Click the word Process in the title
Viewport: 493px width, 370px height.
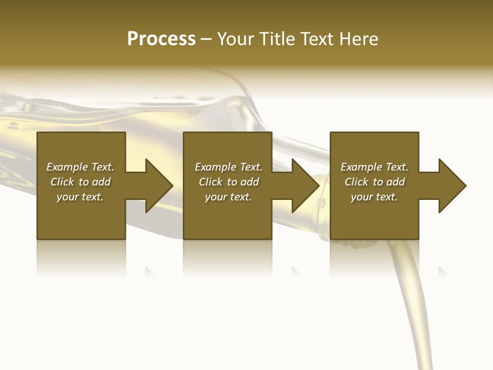[x=161, y=39]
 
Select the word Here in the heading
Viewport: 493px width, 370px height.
[x=359, y=39]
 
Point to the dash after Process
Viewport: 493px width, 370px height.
[x=206, y=39]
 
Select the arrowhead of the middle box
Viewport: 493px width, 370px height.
[x=305, y=186]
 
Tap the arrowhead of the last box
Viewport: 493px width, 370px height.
[x=452, y=186]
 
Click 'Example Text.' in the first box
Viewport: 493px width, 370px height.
[x=80, y=167]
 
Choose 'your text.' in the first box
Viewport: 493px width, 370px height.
[x=80, y=197]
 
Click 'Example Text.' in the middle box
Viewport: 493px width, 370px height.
[x=229, y=167]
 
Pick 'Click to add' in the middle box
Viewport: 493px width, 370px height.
[x=229, y=182]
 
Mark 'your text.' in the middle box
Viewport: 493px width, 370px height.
[x=229, y=197]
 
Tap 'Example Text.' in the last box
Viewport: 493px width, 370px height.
[x=374, y=167]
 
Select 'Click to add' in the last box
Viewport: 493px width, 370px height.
[x=374, y=182]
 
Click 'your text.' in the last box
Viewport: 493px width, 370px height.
[x=374, y=197]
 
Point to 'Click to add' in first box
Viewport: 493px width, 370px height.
[x=80, y=182]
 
